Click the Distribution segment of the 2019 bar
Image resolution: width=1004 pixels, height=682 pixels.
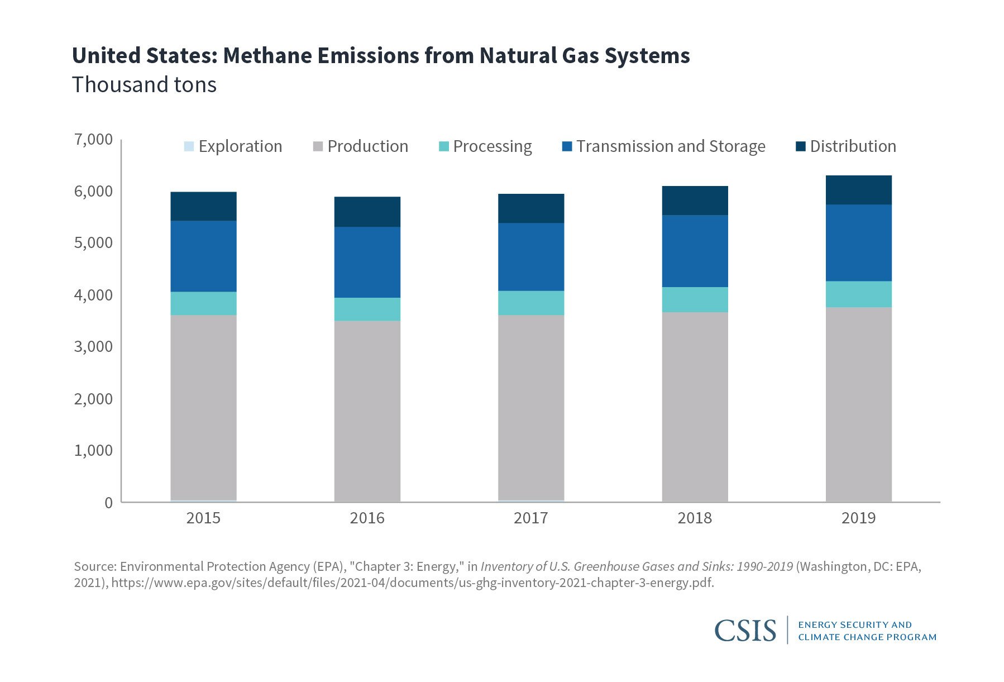click(858, 190)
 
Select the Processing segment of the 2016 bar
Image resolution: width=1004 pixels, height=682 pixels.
click(367, 309)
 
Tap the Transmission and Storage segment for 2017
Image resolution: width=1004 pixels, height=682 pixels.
click(530, 257)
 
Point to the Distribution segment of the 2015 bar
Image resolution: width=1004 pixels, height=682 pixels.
click(203, 206)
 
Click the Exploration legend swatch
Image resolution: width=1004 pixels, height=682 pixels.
click(189, 146)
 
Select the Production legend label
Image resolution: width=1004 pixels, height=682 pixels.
click(367, 146)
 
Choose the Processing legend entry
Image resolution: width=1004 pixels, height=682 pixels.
click(492, 146)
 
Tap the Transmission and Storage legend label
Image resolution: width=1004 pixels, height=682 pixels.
click(671, 146)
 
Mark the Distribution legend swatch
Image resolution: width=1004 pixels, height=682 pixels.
click(801, 146)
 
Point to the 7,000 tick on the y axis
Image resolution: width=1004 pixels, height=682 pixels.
click(93, 139)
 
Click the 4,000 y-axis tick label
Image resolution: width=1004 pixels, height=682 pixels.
click(93, 295)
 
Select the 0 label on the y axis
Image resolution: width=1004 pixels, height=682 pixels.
click(108, 503)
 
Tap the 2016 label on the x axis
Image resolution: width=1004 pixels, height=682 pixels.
click(367, 518)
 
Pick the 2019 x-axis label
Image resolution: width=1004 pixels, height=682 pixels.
click(858, 518)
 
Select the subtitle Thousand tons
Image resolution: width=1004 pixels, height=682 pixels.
click(144, 85)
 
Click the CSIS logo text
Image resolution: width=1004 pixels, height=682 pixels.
click(745, 631)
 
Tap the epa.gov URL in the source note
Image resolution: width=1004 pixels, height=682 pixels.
click(413, 583)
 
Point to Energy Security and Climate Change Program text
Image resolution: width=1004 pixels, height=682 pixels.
click(867, 631)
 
